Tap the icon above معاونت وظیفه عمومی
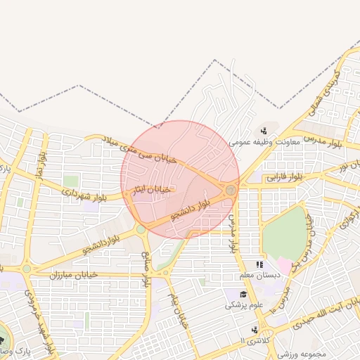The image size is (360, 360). (x=264, y=130)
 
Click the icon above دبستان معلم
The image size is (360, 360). (x=259, y=264)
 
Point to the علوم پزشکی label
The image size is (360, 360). (x=244, y=305)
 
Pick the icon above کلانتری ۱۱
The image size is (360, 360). (x=255, y=329)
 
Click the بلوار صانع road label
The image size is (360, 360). (x=148, y=269)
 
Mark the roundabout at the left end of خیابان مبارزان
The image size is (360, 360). (x=27, y=268)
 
